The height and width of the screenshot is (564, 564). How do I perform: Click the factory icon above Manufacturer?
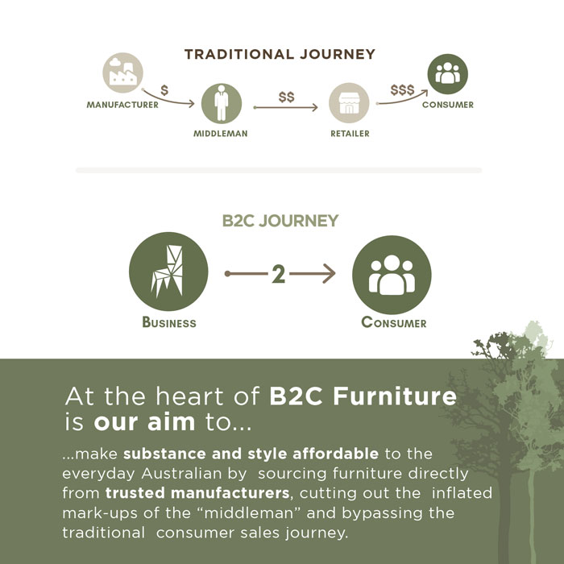tap(122, 73)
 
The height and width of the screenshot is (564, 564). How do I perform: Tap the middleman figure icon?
tap(222, 104)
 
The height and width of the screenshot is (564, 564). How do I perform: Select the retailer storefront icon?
tap(349, 103)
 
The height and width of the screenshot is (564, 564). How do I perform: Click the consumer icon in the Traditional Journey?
tap(447, 74)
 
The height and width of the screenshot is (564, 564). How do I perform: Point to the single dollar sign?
tap(164, 90)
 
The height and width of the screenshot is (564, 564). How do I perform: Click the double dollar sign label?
tap(286, 97)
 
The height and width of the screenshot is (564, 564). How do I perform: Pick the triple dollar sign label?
tap(403, 90)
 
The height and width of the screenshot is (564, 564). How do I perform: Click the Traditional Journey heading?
tap(280, 54)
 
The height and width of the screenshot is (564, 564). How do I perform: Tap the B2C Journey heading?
tap(280, 221)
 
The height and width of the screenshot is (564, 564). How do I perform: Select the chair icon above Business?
tap(168, 272)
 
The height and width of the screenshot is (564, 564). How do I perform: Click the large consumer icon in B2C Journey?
tap(392, 276)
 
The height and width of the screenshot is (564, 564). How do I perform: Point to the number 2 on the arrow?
tap(279, 274)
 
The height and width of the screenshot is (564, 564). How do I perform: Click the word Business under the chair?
tap(169, 322)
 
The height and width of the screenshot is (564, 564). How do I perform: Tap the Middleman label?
tap(221, 134)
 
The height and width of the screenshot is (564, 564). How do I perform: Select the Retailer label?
tap(350, 134)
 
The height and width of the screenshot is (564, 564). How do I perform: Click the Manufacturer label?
tap(122, 105)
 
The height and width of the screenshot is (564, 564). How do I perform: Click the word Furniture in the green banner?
tap(395, 396)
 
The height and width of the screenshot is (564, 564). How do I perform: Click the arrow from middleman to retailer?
tap(285, 107)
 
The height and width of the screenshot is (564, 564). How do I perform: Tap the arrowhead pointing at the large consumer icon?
tap(329, 274)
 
